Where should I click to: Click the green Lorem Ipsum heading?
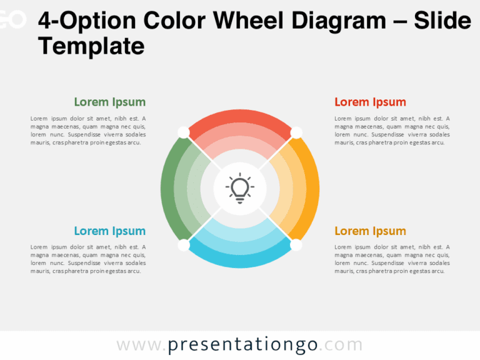coord(109,102)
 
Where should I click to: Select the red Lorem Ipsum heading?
coord(370,102)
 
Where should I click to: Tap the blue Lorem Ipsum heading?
coord(109,231)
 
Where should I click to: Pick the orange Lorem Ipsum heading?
coord(370,231)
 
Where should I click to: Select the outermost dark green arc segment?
coord(169,188)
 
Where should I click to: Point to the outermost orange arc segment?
coord(311,188)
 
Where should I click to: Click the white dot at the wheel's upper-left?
coord(183,132)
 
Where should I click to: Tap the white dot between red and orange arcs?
coord(296,132)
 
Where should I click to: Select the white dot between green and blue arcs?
coord(183,245)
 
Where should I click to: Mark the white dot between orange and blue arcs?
coord(296,245)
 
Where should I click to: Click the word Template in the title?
coord(91,46)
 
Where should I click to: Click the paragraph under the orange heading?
coord(392,259)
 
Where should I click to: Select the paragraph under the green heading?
coord(88,130)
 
